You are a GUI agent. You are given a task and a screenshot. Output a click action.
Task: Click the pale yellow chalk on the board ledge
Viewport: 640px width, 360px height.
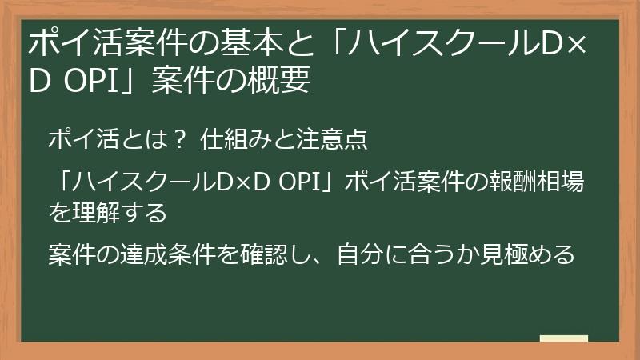click(563, 338)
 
